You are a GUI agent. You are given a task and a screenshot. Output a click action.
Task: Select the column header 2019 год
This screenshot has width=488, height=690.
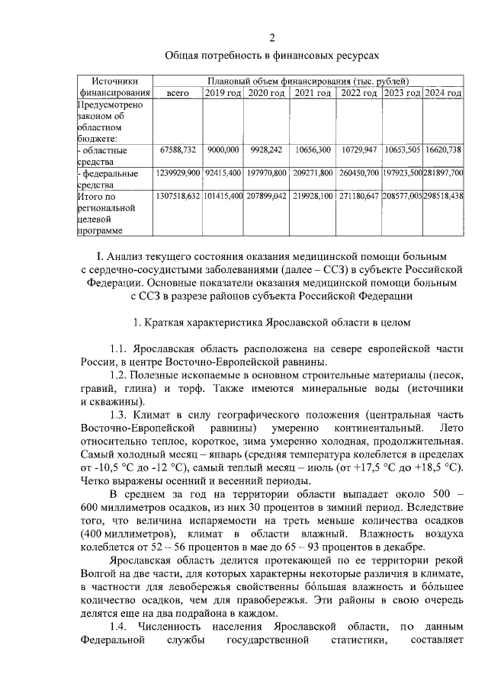[223, 93]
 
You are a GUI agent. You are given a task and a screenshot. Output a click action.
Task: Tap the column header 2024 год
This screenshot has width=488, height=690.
[443, 93]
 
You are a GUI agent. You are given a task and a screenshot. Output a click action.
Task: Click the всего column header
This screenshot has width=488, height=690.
[178, 93]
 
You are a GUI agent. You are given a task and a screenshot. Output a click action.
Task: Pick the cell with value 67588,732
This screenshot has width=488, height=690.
[178, 150]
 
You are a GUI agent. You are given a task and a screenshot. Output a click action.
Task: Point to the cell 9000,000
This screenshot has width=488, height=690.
[223, 150]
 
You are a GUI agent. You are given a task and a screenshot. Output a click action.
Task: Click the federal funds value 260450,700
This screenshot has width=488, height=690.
[359, 173]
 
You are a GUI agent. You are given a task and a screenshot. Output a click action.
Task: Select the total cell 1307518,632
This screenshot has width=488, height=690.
[178, 196]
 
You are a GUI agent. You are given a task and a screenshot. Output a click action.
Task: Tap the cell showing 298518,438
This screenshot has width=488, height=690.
[443, 196]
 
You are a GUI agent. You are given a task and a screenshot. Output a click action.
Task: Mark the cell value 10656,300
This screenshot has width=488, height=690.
[313, 150]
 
